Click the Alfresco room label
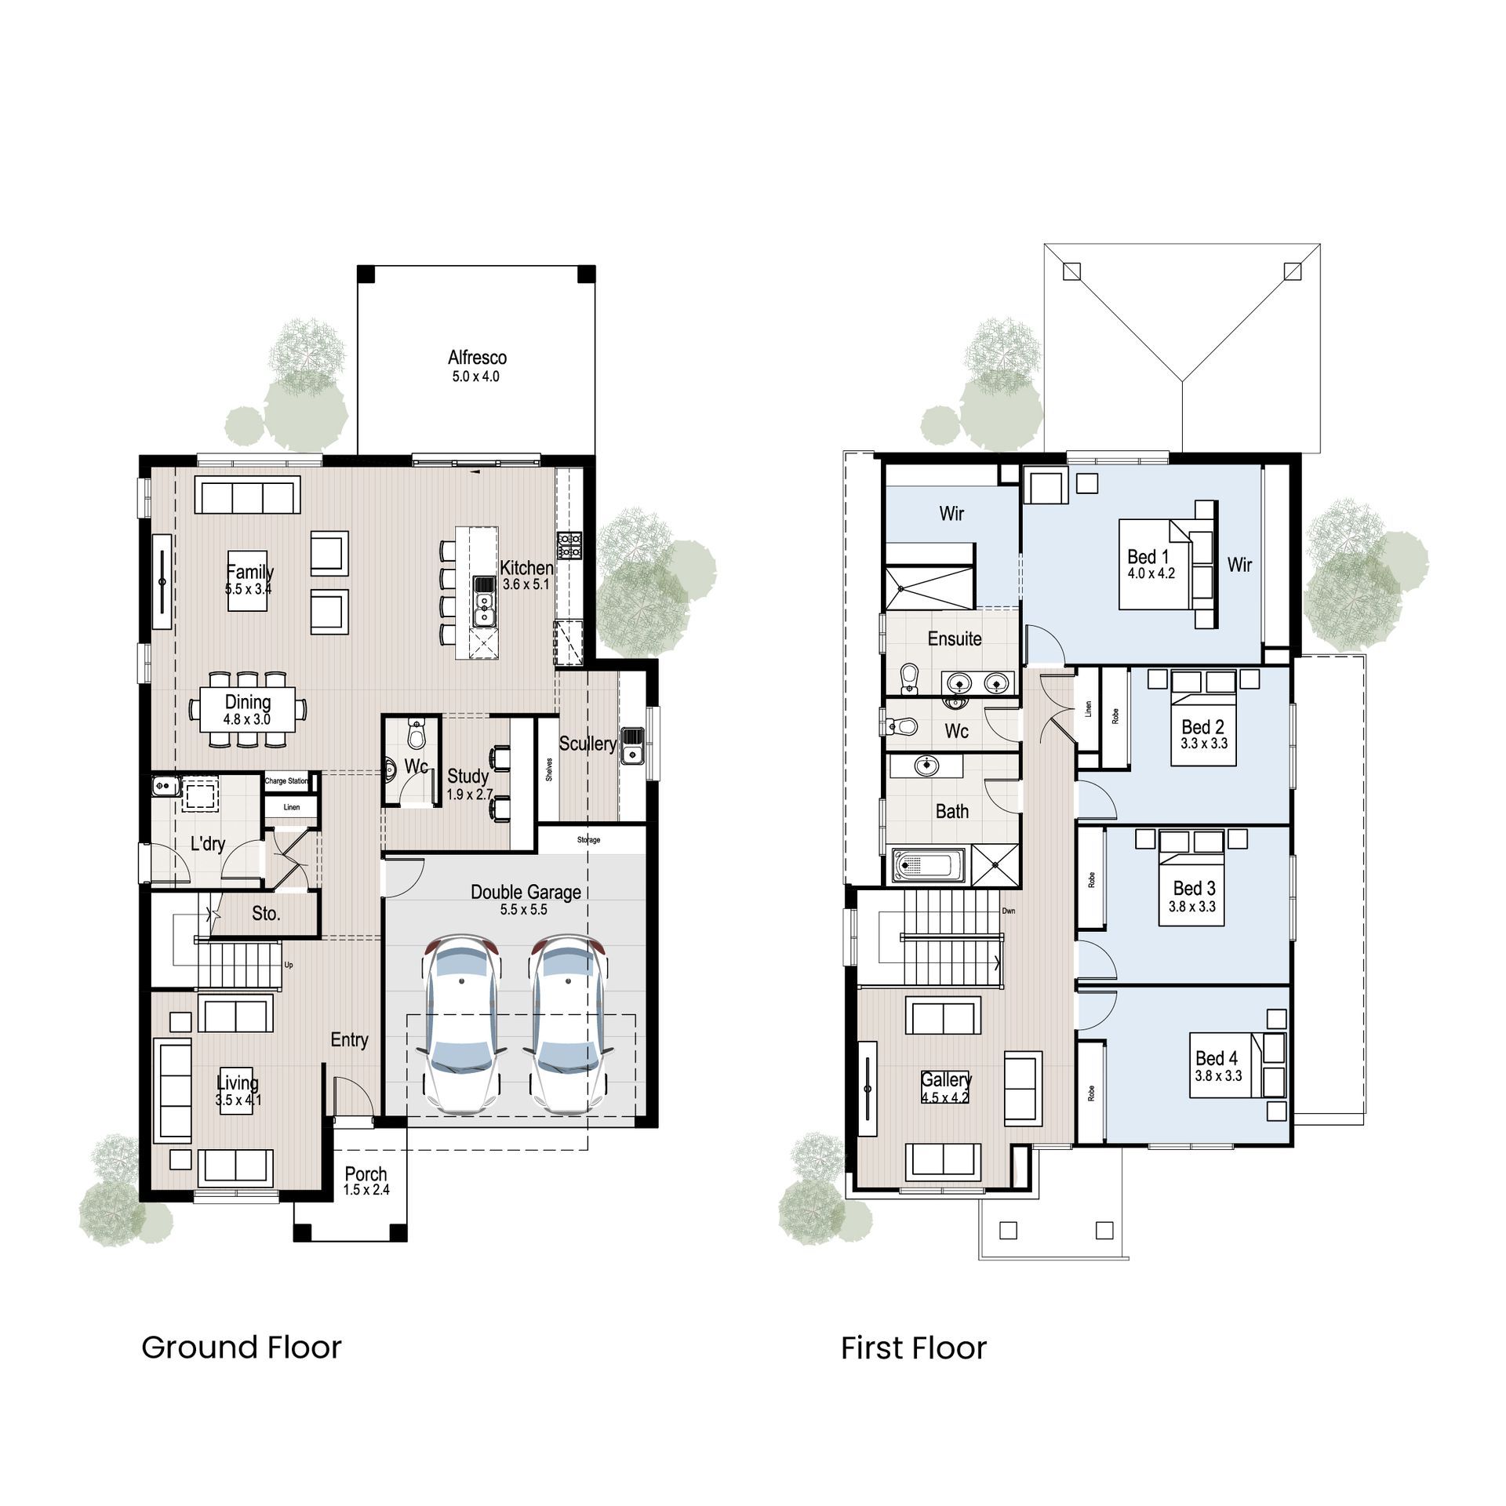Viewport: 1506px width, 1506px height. tap(477, 358)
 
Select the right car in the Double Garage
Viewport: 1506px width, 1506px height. tap(567, 1023)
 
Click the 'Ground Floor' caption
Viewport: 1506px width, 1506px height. tap(242, 1348)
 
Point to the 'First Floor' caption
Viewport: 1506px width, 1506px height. tap(913, 1348)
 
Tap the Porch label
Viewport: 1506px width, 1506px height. tap(366, 1174)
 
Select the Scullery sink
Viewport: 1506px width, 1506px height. tap(632, 745)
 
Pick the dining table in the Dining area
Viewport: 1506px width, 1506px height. tap(247, 709)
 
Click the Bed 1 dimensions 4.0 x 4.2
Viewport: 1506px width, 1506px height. tap(1151, 573)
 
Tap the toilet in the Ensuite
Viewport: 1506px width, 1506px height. tap(910, 678)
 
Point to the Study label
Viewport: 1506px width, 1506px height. tap(468, 777)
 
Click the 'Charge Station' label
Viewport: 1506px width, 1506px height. tap(286, 781)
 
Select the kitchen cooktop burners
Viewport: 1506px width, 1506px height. tap(569, 545)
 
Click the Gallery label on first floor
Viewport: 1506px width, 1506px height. tap(946, 1080)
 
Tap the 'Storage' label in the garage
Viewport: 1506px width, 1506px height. tap(588, 840)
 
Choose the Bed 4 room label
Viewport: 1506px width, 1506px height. tap(1217, 1058)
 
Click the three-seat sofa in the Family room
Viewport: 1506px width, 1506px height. tap(247, 497)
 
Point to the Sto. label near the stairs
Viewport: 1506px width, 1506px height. tap(266, 914)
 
